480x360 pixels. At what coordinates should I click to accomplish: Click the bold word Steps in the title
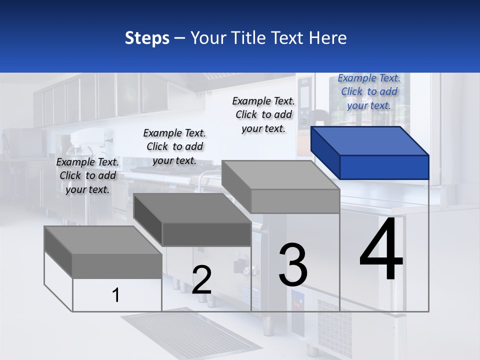tap(147, 38)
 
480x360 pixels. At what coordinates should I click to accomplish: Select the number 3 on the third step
tap(293, 265)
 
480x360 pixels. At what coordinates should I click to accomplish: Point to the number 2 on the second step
tap(201, 280)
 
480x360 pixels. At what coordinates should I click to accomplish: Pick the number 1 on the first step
tap(116, 295)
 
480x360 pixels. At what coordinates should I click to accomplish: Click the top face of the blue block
tap(369, 141)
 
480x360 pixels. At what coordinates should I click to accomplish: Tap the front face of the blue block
tap(384, 167)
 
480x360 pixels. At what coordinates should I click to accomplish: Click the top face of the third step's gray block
tap(280, 175)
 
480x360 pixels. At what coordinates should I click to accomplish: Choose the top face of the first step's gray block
tap(103, 240)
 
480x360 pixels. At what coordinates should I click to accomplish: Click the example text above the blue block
tap(369, 91)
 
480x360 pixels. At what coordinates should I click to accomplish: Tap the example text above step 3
tap(263, 114)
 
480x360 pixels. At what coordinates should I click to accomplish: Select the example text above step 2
tap(174, 146)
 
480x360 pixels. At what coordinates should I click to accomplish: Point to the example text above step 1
tap(87, 175)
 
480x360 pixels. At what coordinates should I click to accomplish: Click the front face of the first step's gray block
tap(117, 266)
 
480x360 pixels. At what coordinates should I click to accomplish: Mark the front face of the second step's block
tap(206, 234)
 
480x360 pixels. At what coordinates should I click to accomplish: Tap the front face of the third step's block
tap(295, 201)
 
